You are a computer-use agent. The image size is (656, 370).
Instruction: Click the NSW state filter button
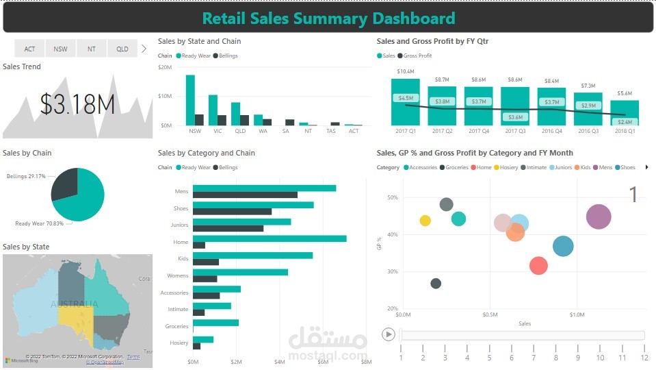click(x=61, y=49)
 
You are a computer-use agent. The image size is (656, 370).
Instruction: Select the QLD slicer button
click(x=122, y=49)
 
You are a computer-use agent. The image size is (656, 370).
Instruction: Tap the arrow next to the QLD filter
click(x=144, y=49)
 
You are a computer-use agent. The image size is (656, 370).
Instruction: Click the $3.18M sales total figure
click(x=77, y=104)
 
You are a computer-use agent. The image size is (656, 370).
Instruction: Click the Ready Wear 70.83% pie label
click(x=39, y=223)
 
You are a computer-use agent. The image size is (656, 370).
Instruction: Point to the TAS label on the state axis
click(x=331, y=131)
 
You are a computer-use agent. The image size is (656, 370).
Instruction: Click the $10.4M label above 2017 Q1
click(x=405, y=72)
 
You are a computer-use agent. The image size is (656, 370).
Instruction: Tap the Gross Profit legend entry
click(x=417, y=56)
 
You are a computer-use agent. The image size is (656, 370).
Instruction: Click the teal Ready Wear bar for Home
click(x=270, y=238)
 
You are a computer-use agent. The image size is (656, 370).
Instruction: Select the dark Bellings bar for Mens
click(x=245, y=195)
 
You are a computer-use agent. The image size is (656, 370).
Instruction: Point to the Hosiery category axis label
click(x=179, y=343)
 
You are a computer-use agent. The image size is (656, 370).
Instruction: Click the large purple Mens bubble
click(x=599, y=217)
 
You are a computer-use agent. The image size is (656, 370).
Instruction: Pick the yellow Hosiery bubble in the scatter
click(x=425, y=221)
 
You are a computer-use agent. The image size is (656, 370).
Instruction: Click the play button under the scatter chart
click(x=389, y=334)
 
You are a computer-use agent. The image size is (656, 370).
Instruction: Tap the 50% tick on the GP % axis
click(x=392, y=198)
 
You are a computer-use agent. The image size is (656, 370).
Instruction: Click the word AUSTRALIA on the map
click(x=74, y=304)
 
